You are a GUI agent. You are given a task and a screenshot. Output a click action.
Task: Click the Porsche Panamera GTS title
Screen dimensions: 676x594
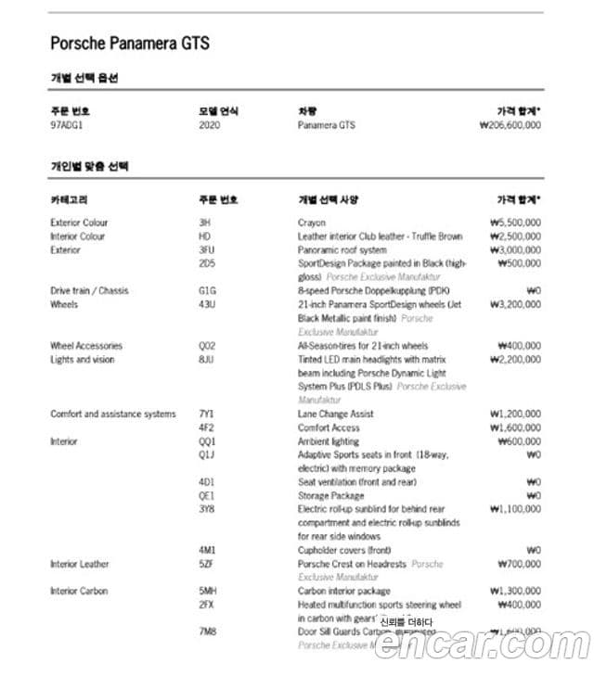pyautogui.click(x=129, y=43)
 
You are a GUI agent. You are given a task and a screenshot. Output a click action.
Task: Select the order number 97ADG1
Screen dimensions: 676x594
pyautogui.click(x=68, y=125)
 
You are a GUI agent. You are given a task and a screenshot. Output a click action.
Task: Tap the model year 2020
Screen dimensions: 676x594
pyautogui.click(x=210, y=125)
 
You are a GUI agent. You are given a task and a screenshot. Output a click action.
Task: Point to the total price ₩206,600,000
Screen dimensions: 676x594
pyautogui.click(x=503, y=125)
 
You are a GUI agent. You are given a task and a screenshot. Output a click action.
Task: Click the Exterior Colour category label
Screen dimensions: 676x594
pyautogui.click(x=79, y=223)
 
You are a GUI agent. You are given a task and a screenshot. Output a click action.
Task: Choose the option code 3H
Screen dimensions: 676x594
pyautogui.click(x=204, y=223)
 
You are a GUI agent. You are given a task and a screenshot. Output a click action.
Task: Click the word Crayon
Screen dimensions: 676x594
pyautogui.click(x=312, y=223)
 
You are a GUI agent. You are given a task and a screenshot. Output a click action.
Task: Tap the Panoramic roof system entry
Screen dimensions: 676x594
pyautogui.click(x=342, y=249)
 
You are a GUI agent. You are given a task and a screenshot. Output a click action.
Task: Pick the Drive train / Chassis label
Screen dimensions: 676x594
pyautogui.click(x=89, y=291)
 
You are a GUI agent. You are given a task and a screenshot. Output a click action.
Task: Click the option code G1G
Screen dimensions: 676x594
pyautogui.click(x=207, y=291)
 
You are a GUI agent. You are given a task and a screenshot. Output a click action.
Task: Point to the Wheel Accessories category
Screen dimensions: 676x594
pyautogui.click(x=86, y=346)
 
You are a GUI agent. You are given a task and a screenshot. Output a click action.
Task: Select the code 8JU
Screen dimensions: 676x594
pyautogui.click(x=206, y=360)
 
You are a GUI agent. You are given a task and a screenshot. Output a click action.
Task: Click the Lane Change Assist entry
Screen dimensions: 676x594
pyautogui.click(x=336, y=414)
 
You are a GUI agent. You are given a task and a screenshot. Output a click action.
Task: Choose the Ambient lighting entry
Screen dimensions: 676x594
pyautogui.click(x=329, y=441)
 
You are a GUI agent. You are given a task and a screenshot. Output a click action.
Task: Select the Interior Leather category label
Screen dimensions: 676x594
pyautogui.click(x=79, y=564)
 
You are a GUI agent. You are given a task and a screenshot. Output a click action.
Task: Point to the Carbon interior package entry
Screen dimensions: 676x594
pyautogui.click(x=343, y=591)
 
